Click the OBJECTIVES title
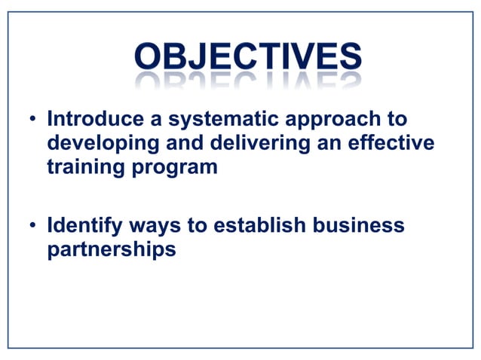point(247,57)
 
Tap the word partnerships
point(112,249)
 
